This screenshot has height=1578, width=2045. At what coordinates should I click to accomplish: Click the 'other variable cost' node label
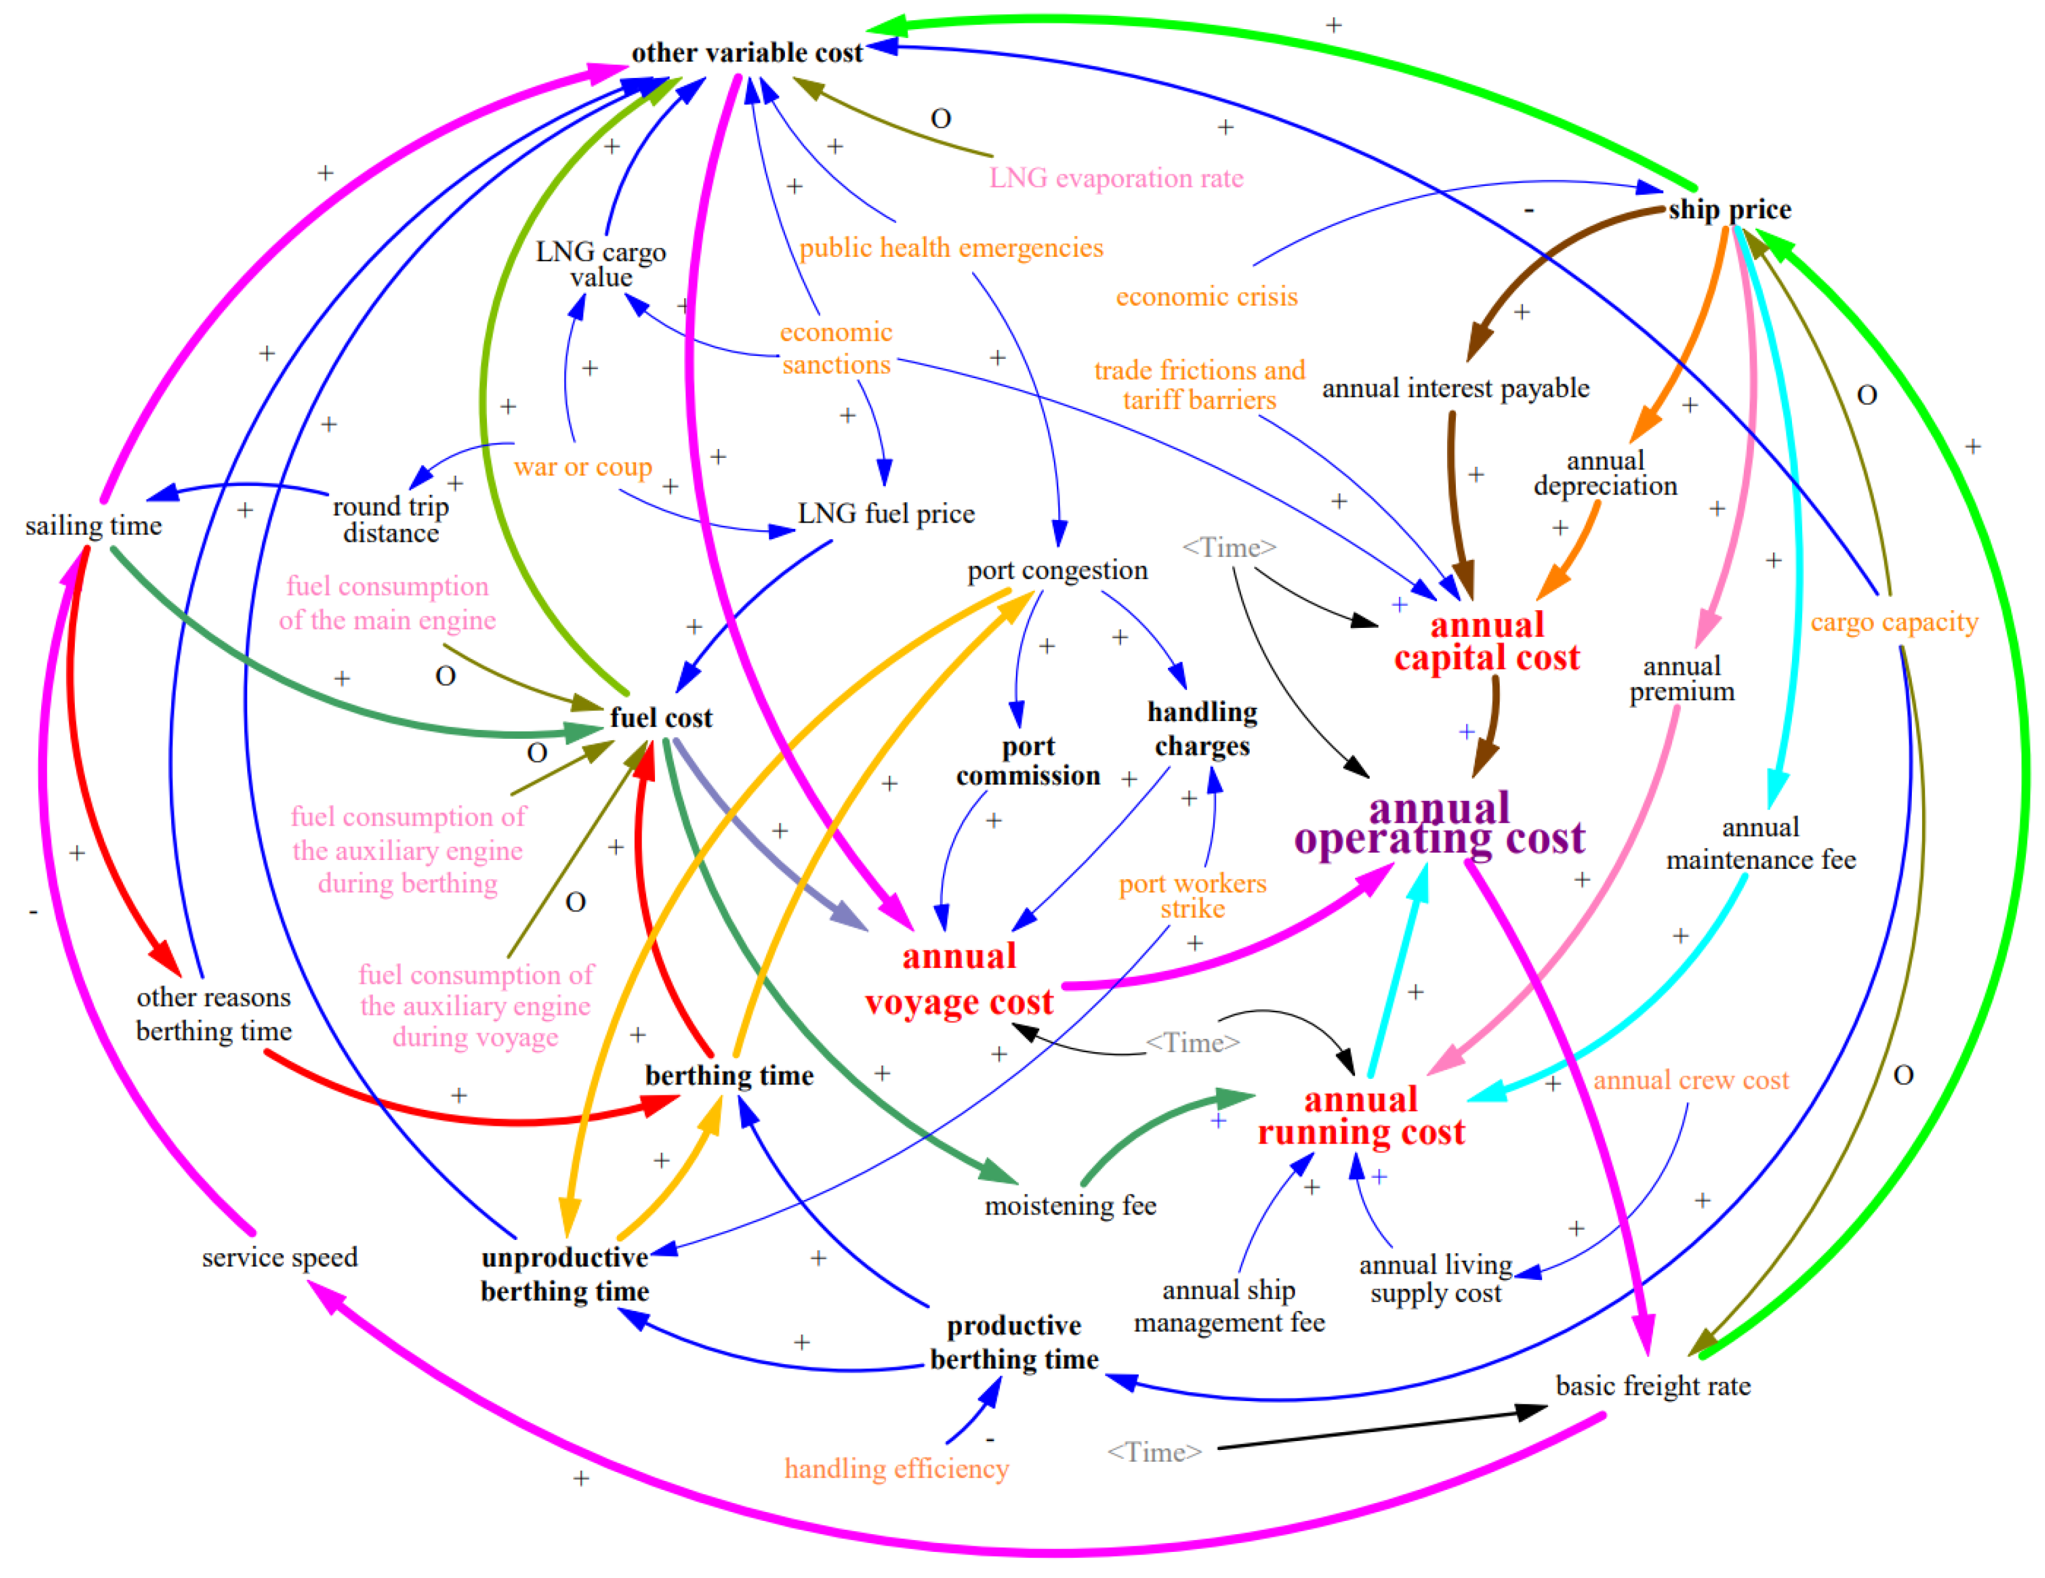[746, 53]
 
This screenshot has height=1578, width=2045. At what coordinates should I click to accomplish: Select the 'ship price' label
[1729, 210]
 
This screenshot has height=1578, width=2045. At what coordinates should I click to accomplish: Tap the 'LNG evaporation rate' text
[1116, 178]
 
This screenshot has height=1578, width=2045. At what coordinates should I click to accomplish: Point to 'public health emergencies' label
[951, 248]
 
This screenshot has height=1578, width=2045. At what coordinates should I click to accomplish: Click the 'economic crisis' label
[1206, 297]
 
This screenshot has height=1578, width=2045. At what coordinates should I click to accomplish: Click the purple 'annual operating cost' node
[1439, 824]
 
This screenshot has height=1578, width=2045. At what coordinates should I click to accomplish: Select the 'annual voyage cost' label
[959, 979]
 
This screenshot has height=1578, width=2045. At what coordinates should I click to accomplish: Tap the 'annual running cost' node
[1361, 1116]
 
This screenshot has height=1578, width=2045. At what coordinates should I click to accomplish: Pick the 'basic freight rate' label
[1652, 1386]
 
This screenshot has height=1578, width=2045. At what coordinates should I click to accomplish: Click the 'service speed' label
[279, 1257]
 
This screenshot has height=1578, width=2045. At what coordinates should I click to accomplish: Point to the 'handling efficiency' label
[896, 1468]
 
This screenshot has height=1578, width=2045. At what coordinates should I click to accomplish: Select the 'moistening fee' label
[1070, 1205]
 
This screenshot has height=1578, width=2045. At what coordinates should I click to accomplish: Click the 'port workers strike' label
[1192, 896]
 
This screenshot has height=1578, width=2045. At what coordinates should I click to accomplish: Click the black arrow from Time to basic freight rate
[1377, 1429]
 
